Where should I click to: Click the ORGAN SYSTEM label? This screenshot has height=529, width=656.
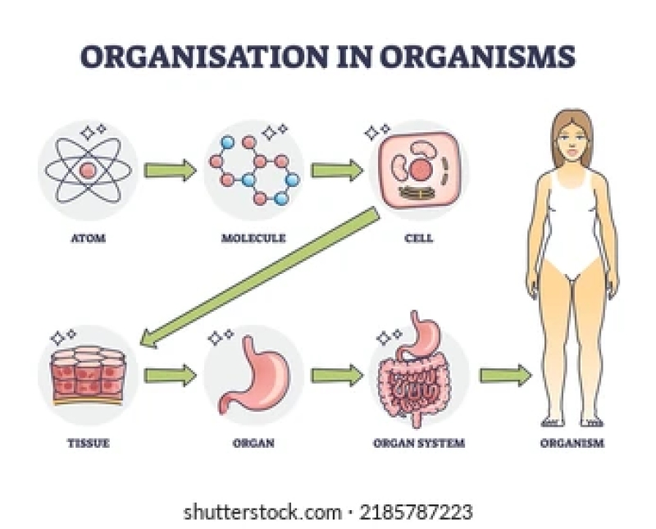tap(419, 444)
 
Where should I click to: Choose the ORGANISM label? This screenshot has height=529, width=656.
tap(572, 444)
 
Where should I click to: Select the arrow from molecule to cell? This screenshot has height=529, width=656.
tap(337, 171)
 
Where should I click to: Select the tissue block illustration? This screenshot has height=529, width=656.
tap(86, 376)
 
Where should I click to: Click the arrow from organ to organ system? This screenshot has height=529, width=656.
tap(337, 376)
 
